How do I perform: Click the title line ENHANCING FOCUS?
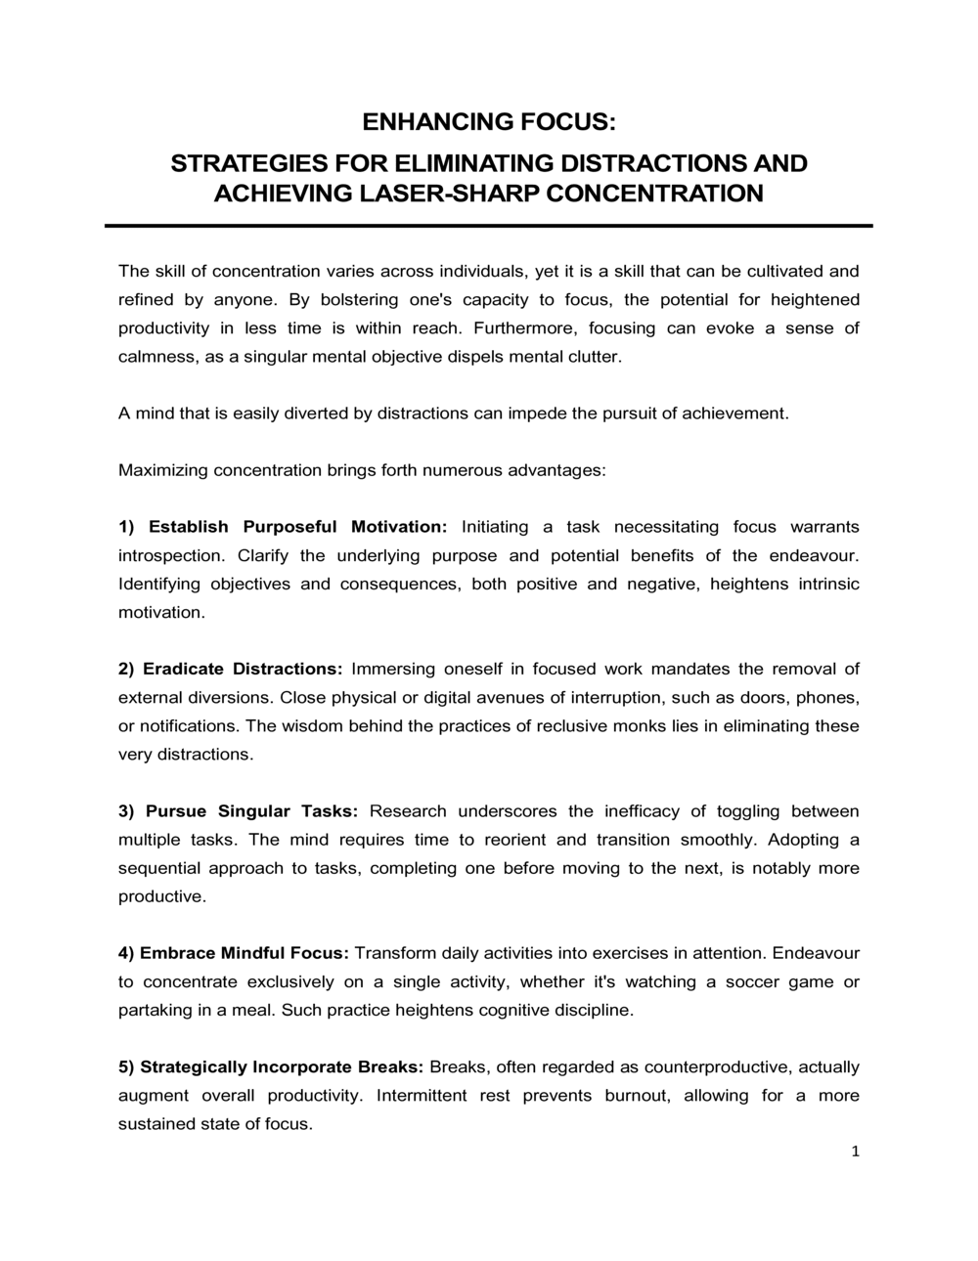(489, 122)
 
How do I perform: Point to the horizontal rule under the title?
(489, 226)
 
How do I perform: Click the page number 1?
(855, 1152)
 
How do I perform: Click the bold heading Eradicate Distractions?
(242, 669)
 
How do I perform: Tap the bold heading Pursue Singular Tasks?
(251, 811)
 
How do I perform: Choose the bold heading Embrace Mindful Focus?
(244, 953)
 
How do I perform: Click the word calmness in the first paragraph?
(157, 357)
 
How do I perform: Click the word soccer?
(752, 981)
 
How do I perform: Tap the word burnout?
(637, 1095)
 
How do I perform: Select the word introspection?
(170, 555)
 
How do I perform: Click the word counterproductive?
(721, 1066)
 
